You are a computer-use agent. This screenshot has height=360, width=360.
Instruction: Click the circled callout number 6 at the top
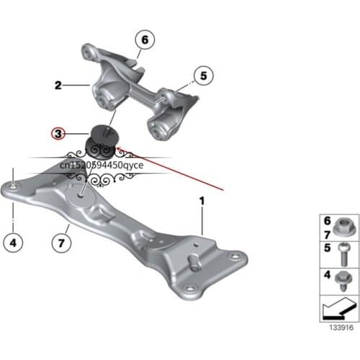point(143,40)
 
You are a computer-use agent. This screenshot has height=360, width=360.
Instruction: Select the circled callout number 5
point(203,74)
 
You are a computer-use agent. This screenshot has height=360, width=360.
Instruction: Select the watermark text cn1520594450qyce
point(102,166)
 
